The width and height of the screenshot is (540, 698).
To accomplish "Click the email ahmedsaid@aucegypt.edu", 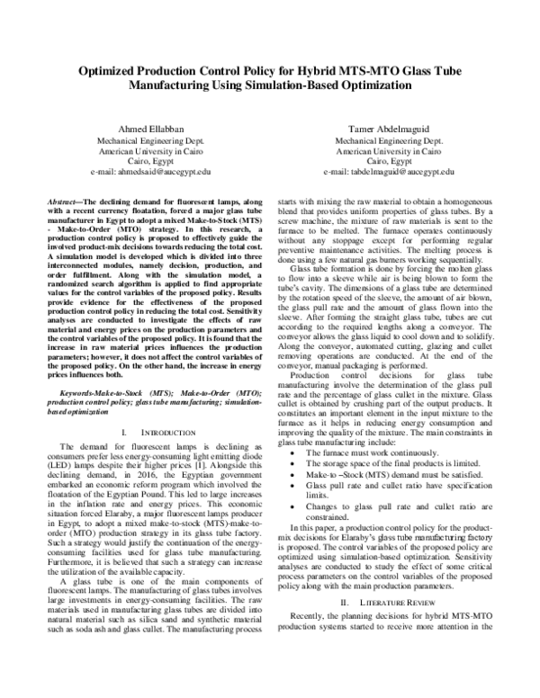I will (x=151, y=171).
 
